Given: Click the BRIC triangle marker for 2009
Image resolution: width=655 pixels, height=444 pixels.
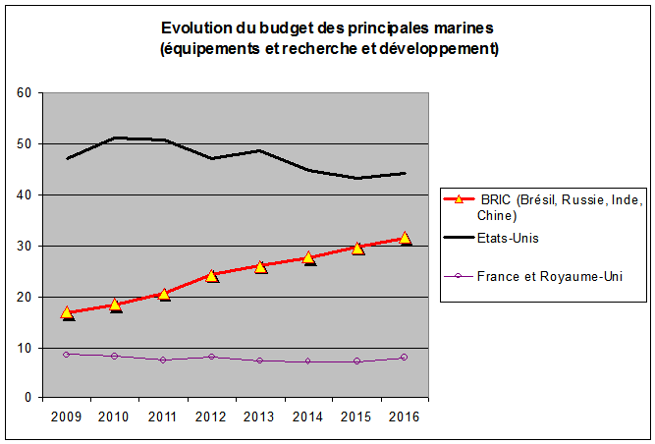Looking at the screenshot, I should pyautogui.click(x=67, y=312).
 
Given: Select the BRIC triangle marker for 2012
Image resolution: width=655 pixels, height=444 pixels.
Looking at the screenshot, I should pyautogui.click(x=212, y=275).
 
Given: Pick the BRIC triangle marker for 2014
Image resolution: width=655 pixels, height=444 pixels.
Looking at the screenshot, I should pyautogui.click(x=309, y=258).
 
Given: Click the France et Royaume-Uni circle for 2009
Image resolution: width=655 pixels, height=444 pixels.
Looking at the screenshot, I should pyautogui.click(x=67, y=354).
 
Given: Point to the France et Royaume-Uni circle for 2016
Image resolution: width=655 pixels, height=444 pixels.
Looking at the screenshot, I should pyautogui.click(x=405, y=358).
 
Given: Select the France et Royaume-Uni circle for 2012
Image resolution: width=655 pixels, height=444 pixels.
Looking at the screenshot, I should pyautogui.click(x=212, y=357).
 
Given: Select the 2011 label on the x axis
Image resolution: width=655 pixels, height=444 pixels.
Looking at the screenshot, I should pyautogui.click(x=163, y=416).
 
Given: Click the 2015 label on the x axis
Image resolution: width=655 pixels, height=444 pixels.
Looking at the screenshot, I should pyautogui.click(x=356, y=416).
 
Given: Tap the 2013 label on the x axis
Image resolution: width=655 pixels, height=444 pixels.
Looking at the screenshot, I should pyautogui.click(x=259, y=416).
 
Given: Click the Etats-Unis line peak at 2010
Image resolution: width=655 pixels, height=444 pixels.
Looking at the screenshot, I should pyautogui.click(x=115, y=138).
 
